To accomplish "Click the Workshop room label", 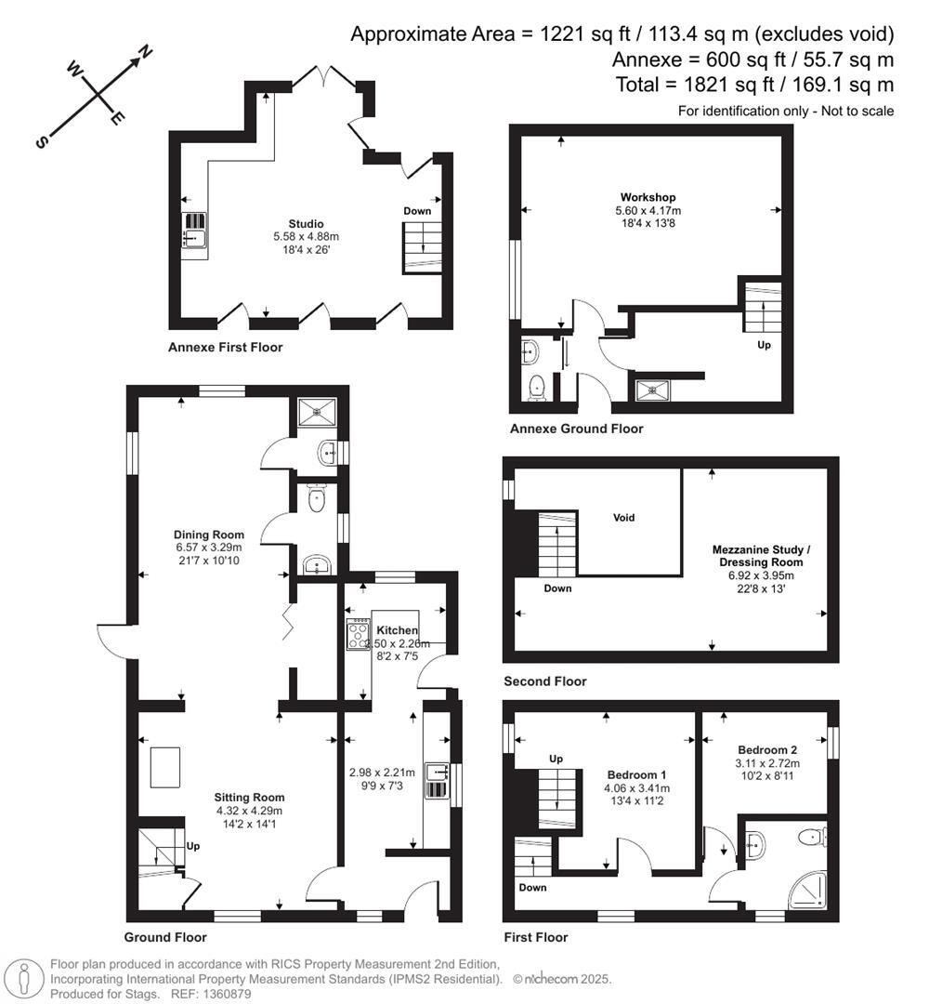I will (x=648, y=197).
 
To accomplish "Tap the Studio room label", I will (x=306, y=224).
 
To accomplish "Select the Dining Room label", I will (x=209, y=535).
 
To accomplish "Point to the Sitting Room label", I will (x=249, y=798).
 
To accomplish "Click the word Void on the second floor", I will (x=623, y=518).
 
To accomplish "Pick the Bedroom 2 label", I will (x=767, y=749).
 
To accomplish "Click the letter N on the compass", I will (x=146, y=53).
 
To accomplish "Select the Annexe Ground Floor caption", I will (x=576, y=429).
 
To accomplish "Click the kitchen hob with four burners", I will (x=358, y=634).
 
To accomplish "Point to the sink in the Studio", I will (x=194, y=239).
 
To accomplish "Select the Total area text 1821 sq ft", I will (x=754, y=85).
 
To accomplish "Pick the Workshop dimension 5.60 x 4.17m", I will (x=648, y=210).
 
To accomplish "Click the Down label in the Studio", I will (x=417, y=211).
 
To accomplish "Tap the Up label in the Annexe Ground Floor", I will (x=763, y=344).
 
